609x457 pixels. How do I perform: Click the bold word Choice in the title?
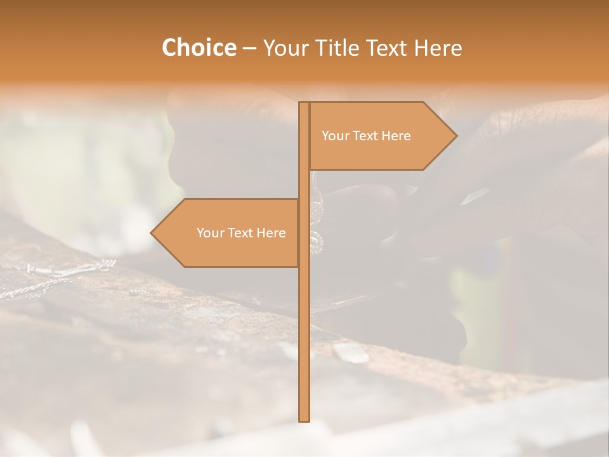click(199, 48)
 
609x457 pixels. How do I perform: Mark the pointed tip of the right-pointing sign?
click(455, 136)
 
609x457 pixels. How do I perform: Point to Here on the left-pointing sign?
click(272, 233)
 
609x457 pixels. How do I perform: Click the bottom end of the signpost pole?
click(304, 420)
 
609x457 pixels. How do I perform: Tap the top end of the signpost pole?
click(304, 103)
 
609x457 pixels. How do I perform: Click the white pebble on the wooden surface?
click(351, 354)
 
